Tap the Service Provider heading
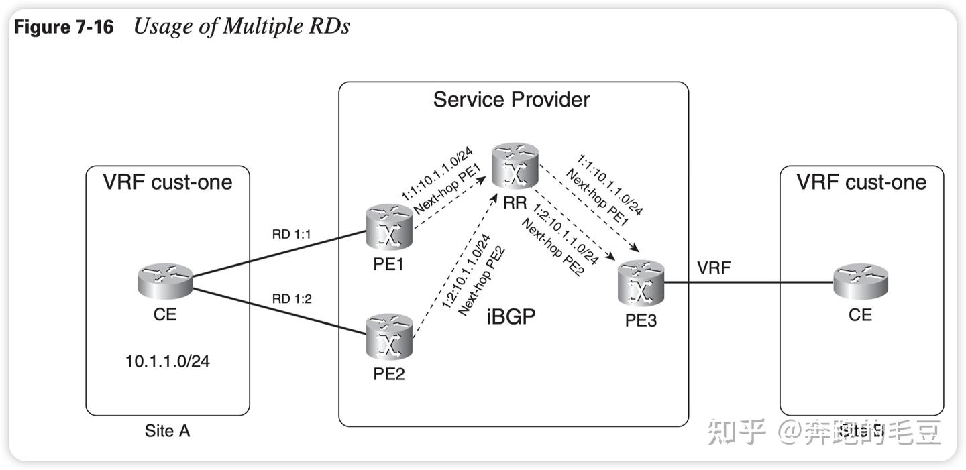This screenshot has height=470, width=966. pyautogui.click(x=511, y=100)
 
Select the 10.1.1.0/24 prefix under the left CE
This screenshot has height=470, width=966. pyautogui.click(x=167, y=361)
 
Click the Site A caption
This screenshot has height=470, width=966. pyautogui.click(x=167, y=431)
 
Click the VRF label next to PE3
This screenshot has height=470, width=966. pyautogui.click(x=714, y=268)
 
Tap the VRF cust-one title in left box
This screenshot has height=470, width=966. pyautogui.click(x=167, y=182)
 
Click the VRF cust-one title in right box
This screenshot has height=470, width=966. pyautogui.click(x=861, y=182)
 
